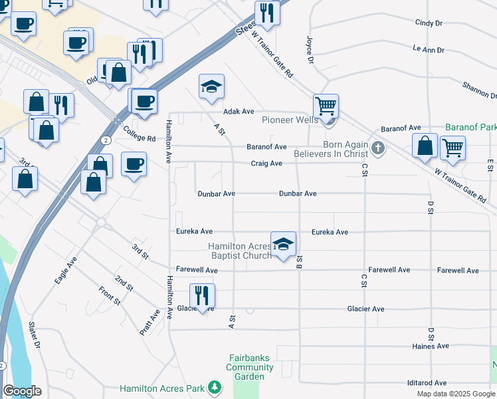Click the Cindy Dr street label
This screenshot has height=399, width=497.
429,23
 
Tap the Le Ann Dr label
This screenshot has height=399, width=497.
428,49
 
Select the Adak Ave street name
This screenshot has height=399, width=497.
239,112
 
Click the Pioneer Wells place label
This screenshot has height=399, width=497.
287,120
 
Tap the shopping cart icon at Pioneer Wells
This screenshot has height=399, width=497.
326,106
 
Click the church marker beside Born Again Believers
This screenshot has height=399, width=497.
378,148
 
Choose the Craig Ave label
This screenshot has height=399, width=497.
266,164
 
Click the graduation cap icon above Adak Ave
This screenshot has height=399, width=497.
211,86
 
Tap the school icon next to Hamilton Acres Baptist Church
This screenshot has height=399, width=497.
283,243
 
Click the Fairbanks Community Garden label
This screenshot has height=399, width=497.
250,367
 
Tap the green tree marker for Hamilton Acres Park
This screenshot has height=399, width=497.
214,387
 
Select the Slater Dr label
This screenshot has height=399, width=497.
35,336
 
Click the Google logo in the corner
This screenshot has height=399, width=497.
21,391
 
